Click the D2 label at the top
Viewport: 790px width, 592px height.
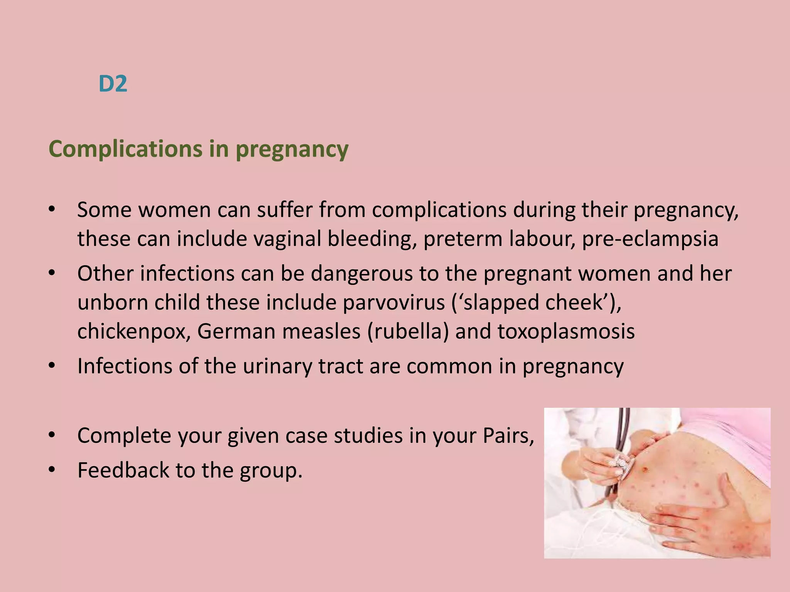[x=113, y=84]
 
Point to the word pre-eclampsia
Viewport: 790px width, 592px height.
[x=650, y=239]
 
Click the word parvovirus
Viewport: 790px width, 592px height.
[x=394, y=303]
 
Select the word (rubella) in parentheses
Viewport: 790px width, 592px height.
[x=408, y=331]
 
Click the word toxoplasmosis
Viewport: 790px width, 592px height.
[x=566, y=332]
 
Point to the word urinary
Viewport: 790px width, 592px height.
[x=277, y=367]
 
